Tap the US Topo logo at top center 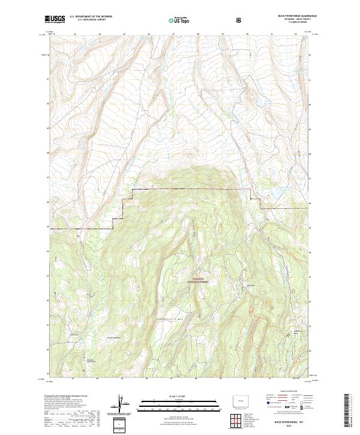coord(181,20)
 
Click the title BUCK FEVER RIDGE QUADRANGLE coord(298,16)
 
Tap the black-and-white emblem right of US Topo coord(239,20)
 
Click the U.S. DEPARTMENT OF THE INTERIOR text coord(91,16)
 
